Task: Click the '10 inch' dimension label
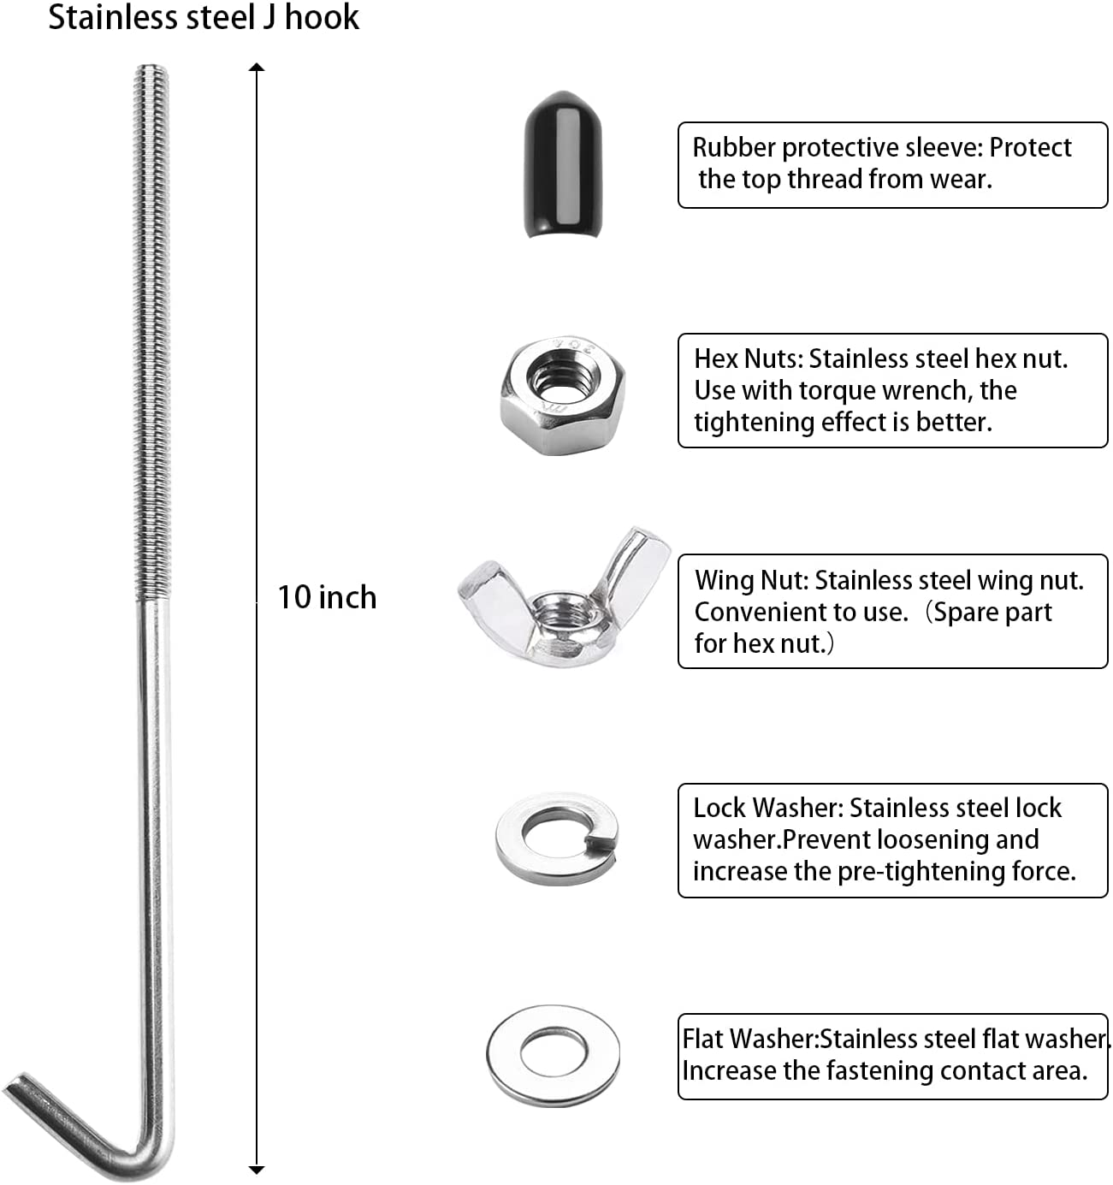pos(327,597)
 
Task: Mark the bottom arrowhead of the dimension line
pos(257,1169)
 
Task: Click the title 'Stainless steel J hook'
pos(204,18)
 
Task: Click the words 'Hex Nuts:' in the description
pos(748,358)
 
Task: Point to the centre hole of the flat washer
pos(553,1054)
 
